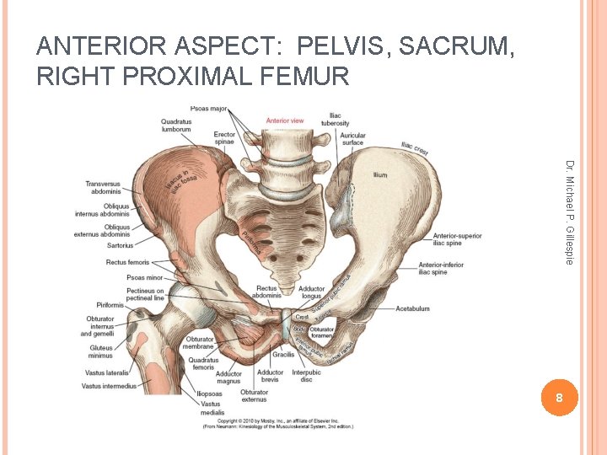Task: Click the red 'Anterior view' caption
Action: click(x=285, y=120)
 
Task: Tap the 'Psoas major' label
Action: click(x=209, y=109)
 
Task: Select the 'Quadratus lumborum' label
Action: click(x=175, y=126)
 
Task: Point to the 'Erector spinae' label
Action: click(x=224, y=138)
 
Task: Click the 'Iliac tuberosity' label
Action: click(x=335, y=120)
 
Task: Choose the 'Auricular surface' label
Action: click(x=353, y=138)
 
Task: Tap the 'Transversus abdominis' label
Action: click(x=103, y=187)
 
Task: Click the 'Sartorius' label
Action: click(x=120, y=245)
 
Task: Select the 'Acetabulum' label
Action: click(x=413, y=308)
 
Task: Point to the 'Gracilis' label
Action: click(x=283, y=355)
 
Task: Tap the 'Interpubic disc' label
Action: click(x=306, y=376)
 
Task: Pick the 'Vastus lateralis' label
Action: click(x=106, y=372)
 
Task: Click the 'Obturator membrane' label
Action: click(x=200, y=344)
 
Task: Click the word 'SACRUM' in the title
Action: click(x=456, y=47)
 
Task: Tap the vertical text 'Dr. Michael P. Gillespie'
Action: click(x=570, y=211)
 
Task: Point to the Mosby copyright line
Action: click(x=278, y=420)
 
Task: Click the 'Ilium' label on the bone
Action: click(x=380, y=175)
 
